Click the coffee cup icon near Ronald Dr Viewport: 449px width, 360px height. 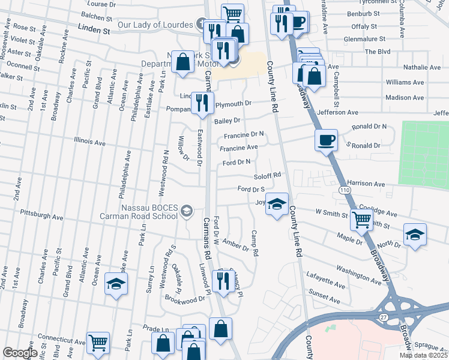point(326,140)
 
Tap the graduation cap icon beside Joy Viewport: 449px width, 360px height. point(277,204)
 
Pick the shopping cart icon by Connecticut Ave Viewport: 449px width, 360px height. point(98,343)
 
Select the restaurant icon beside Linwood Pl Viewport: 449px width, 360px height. point(223,280)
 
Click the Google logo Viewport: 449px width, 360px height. point(20,353)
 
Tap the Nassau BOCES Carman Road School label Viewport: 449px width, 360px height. point(149,211)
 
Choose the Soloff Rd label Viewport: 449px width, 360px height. point(267,175)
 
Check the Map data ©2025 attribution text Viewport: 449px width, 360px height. point(423,355)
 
